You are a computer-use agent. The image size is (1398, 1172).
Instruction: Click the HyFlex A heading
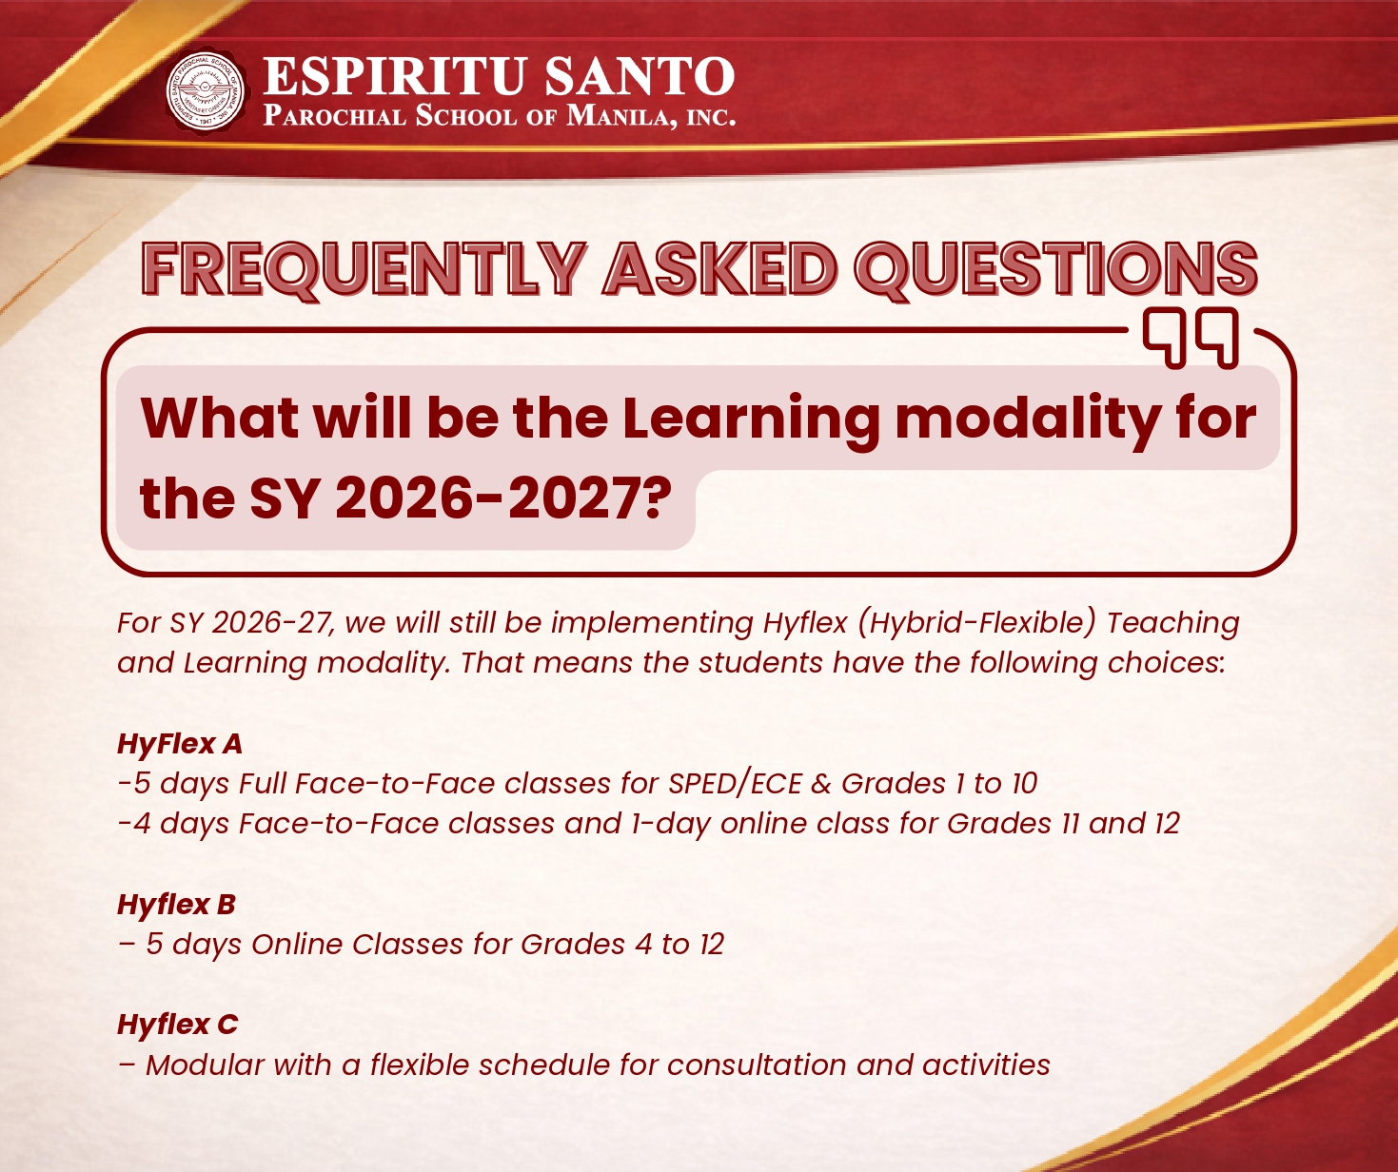click(x=180, y=743)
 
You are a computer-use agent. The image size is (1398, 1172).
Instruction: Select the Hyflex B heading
click(x=176, y=904)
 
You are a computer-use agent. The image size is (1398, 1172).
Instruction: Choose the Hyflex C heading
click(x=177, y=1025)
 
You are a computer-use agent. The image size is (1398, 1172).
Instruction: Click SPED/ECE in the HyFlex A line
click(x=736, y=783)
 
